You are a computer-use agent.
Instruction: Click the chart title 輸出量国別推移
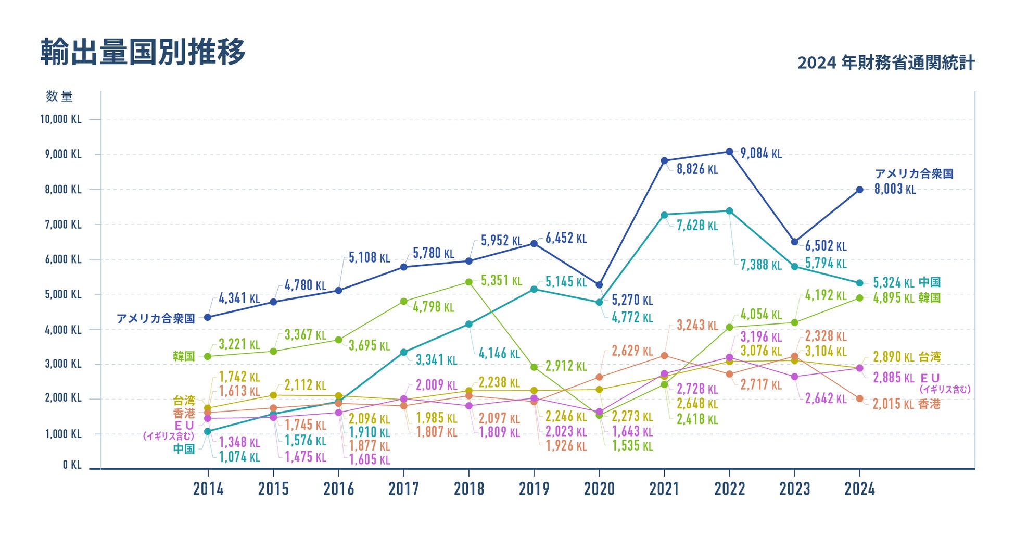click(143, 52)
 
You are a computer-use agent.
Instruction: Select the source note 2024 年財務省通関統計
click(886, 63)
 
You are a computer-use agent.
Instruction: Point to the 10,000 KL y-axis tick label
click(61, 119)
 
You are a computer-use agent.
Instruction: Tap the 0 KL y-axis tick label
click(72, 465)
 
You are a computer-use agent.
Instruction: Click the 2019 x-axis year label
click(534, 489)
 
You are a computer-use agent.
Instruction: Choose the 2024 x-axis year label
click(859, 489)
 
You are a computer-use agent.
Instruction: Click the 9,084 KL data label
click(760, 154)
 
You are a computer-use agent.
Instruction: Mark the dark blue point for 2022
click(729, 152)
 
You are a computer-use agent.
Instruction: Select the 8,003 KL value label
click(895, 189)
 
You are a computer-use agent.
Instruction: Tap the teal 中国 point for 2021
click(664, 215)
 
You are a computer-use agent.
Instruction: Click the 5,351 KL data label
click(501, 281)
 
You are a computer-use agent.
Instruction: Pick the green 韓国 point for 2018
click(468, 282)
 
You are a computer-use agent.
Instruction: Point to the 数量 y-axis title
click(59, 96)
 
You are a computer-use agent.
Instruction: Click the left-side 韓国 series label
click(184, 356)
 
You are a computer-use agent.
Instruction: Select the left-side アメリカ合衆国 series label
click(156, 318)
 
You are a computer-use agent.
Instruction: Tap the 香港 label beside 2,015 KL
click(929, 404)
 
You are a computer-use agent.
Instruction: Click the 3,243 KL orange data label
click(697, 326)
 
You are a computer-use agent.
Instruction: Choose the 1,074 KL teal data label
click(239, 457)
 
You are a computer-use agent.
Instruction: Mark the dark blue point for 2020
click(599, 285)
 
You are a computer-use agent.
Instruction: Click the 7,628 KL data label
click(697, 226)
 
